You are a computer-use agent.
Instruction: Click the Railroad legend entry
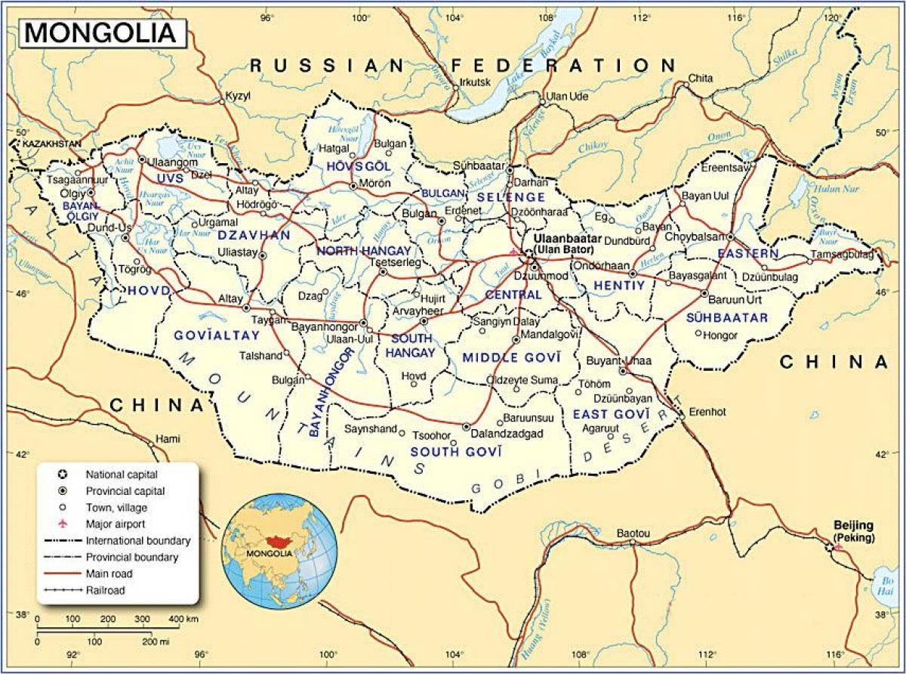(x=106, y=590)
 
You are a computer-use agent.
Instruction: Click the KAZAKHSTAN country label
(x=51, y=144)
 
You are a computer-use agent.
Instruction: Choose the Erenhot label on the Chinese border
(x=709, y=413)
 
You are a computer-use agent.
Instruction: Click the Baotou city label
(x=633, y=533)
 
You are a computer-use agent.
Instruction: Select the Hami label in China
(x=164, y=438)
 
